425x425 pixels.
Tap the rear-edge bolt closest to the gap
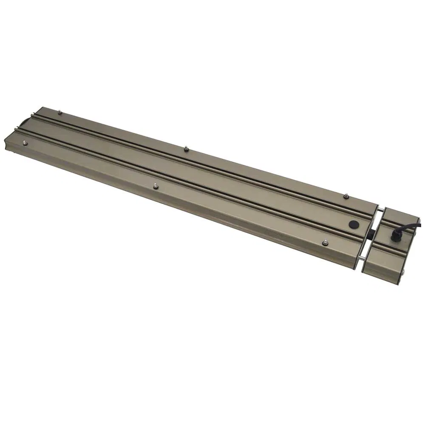pyautogui.click(x=346, y=196)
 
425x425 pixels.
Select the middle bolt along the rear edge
pyautogui.click(x=186, y=148)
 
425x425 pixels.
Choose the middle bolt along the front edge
pyautogui.click(x=156, y=185)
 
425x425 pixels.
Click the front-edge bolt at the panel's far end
pyautogui.click(x=24, y=143)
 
